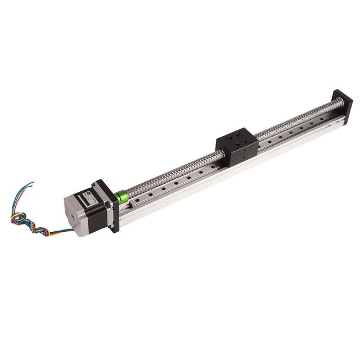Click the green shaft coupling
click(120, 197)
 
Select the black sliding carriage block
click(237, 145)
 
